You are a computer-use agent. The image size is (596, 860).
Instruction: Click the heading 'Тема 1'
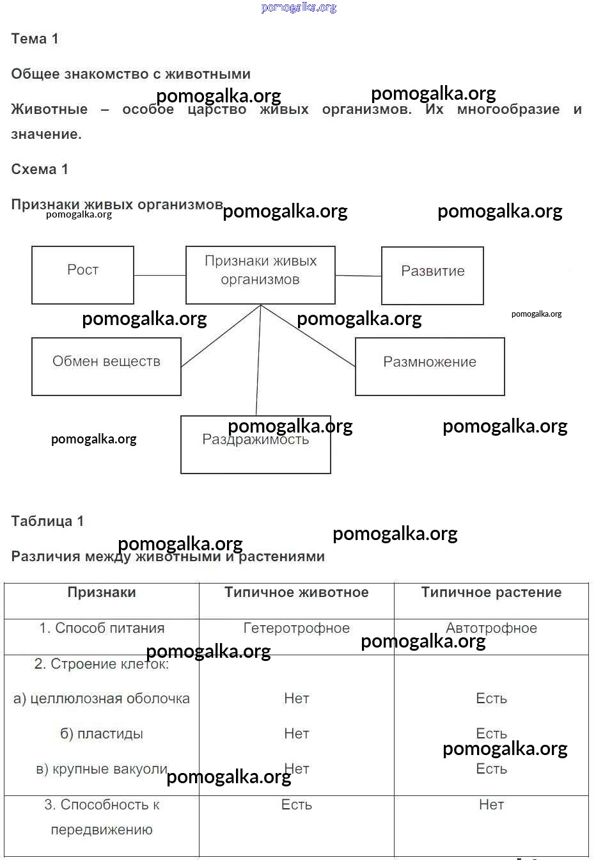pos(35,39)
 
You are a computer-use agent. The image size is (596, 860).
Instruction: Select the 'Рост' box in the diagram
pos(82,275)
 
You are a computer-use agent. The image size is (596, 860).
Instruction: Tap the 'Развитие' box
pos(432,275)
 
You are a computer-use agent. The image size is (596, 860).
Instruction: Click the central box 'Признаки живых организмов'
pos(260,275)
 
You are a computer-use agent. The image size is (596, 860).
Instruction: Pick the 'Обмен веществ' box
pos(106,366)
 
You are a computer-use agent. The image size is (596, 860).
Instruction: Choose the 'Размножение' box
pos(430,366)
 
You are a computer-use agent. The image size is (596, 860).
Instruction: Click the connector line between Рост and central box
pos(160,275)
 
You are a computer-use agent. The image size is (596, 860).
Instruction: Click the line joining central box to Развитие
pos(358,276)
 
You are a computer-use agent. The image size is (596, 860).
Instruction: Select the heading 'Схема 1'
pos(40,170)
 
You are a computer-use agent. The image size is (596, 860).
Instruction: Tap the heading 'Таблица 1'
pos(47,521)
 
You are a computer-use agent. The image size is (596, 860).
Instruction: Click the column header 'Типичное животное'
pos(297,593)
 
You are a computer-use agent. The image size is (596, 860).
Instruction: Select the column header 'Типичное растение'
pos(491,593)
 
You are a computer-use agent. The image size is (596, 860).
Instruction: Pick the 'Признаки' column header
pos(102,593)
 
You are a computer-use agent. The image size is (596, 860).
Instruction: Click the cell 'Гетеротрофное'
pos(297,628)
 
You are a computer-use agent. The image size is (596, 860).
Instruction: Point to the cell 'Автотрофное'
pos(491,628)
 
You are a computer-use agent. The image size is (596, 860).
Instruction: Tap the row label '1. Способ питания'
pos(102,628)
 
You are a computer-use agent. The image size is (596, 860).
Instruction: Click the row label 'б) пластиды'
pos(102,734)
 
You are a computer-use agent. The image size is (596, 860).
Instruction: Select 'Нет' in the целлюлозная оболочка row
pos(297,699)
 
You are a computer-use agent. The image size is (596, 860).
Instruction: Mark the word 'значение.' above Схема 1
pos(46,134)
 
